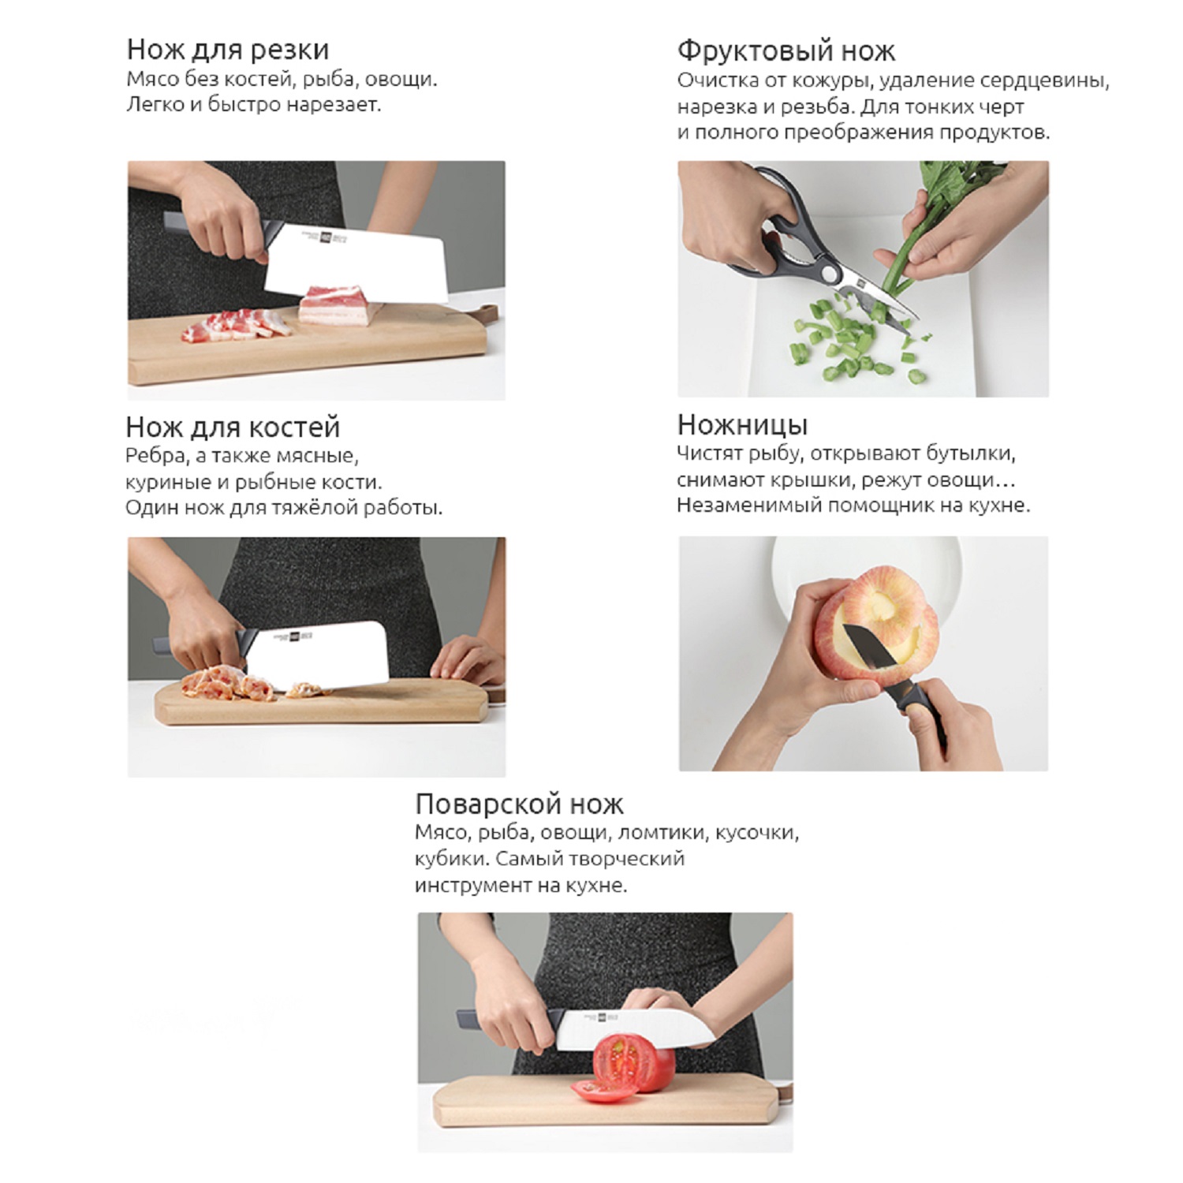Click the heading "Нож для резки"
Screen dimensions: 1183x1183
[228, 50]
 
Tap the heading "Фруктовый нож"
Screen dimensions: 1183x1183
[786, 51]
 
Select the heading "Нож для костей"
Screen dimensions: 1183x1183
[233, 427]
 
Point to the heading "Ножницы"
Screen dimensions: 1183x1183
[742, 425]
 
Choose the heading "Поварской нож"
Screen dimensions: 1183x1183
[519, 804]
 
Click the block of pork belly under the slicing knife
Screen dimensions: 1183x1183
[340, 307]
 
